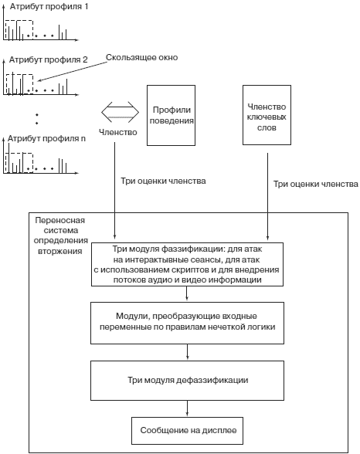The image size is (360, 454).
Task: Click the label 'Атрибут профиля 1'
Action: click(x=49, y=6)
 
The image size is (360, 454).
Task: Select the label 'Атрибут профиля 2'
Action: click(x=48, y=59)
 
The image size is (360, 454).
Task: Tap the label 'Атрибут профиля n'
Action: click(x=46, y=138)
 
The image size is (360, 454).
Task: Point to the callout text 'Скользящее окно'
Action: click(x=141, y=57)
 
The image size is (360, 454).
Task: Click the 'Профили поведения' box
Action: click(x=172, y=115)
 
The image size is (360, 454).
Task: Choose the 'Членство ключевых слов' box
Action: click(x=267, y=115)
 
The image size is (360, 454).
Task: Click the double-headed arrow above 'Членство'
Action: click(x=121, y=112)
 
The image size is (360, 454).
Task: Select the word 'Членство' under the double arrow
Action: click(x=118, y=132)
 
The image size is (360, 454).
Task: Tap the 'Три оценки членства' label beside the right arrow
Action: click(x=316, y=184)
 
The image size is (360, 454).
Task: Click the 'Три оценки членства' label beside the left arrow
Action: click(x=163, y=181)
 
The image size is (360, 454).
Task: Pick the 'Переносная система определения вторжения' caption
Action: click(x=60, y=235)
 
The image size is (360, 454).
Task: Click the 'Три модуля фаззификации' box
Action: click(x=187, y=264)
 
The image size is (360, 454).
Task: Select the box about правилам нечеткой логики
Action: click(x=187, y=323)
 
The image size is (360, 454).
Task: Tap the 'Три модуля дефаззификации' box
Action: click(x=187, y=381)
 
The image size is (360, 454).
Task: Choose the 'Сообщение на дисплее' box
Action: click(x=187, y=431)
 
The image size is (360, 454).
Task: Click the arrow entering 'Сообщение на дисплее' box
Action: click(x=188, y=408)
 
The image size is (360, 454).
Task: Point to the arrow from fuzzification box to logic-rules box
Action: click(x=187, y=294)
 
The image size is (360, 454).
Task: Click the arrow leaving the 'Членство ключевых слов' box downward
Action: click(x=267, y=197)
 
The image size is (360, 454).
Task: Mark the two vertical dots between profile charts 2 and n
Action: click(x=37, y=119)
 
